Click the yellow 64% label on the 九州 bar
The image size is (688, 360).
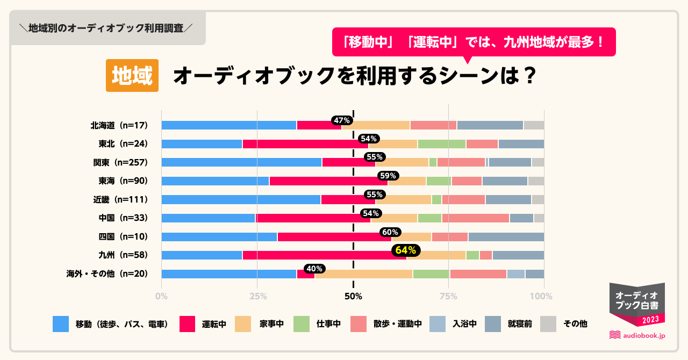coord(407,250)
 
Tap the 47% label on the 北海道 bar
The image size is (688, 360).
coord(342,120)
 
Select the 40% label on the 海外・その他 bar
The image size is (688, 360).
coord(313,269)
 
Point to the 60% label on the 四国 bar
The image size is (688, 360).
coord(389,232)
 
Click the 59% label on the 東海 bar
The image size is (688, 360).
coord(388,176)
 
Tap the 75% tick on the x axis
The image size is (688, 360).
coord(448,296)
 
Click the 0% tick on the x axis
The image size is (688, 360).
coord(161,296)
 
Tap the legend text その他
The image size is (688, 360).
coord(575,324)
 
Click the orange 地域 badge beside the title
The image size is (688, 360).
coord(132,76)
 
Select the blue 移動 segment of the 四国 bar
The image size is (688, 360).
coord(219,237)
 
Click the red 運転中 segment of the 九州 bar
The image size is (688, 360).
coord(324,255)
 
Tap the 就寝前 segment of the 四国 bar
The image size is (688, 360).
coord(506,237)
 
